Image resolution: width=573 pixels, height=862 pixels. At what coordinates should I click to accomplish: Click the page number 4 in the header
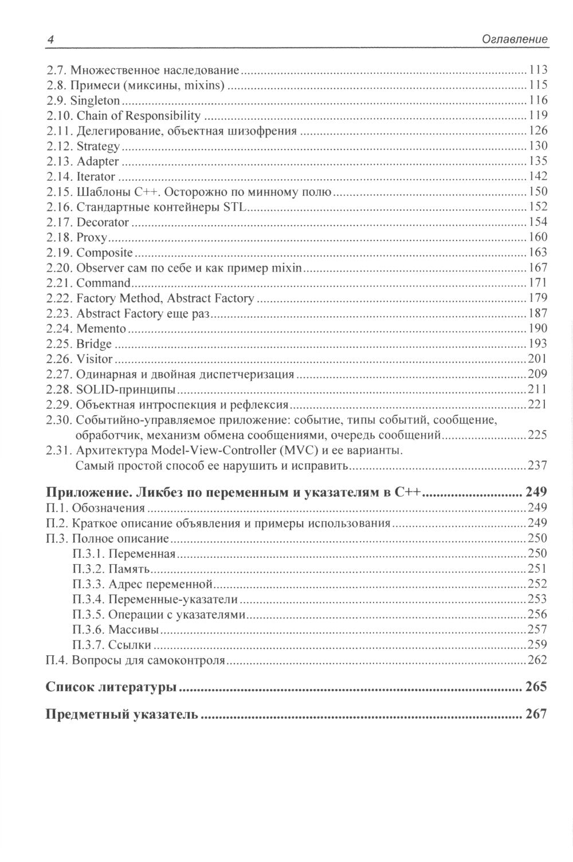pyautogui.click(x=50, y=40)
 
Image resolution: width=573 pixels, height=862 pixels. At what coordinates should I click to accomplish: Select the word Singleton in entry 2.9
pyautogui.click(x=99, y=101)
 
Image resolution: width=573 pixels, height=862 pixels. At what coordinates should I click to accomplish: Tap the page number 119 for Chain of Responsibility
pyautogui.click(x=538, y=116)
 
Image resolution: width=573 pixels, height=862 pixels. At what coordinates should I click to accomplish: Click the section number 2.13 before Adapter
pyautogui.click(x=60, y=162)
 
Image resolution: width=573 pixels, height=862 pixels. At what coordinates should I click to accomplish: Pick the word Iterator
pyautogui.click(x=96, y=176)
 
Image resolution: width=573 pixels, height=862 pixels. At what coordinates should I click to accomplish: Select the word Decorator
pyautogui.click(x=103, y=222)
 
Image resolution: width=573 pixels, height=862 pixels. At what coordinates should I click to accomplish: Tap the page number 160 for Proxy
pyautogui.click(x=538, y=237)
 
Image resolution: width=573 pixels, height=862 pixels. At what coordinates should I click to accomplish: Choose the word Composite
pyautogui.click(x=105, y=253)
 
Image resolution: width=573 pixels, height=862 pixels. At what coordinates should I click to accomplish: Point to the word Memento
pyautogui.click(x=101, y=329)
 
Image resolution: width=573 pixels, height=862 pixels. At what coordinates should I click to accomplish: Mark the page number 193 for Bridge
pyautogui.click(x=538, y=344)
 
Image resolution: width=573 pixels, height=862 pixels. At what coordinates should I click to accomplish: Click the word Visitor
pyautogui.click(x=95, y=359)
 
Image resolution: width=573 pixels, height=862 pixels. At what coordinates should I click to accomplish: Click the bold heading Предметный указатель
pyautogui.click(x=122, y=714)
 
